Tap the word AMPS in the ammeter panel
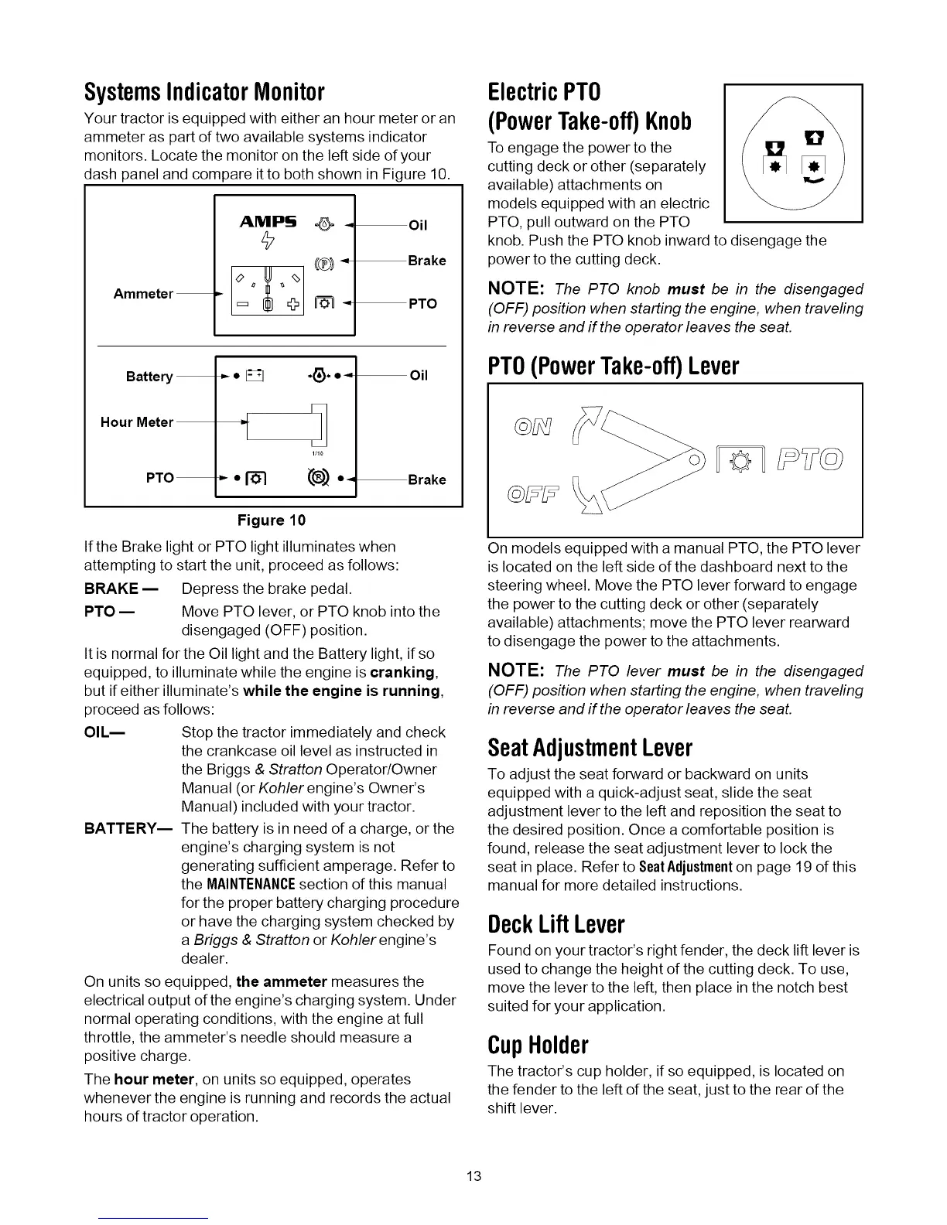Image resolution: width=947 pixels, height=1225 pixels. pyautogui.click(x=268, y=222)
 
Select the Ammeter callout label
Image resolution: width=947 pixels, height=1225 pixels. pyautogui.click(x=143, y=294)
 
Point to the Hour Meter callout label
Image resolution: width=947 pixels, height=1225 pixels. pyautogui.click(x=137, y=422)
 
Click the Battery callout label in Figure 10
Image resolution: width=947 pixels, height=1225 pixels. pyautogui.click(x=149, y=377)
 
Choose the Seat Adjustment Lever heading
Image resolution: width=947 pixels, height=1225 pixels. pyautogui.click(x=590, y=748)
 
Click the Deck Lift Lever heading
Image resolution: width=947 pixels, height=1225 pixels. pyautogui.click(x=556, y=924)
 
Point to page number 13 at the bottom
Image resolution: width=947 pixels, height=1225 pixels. pyautogui.click(x=474, y=1176)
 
